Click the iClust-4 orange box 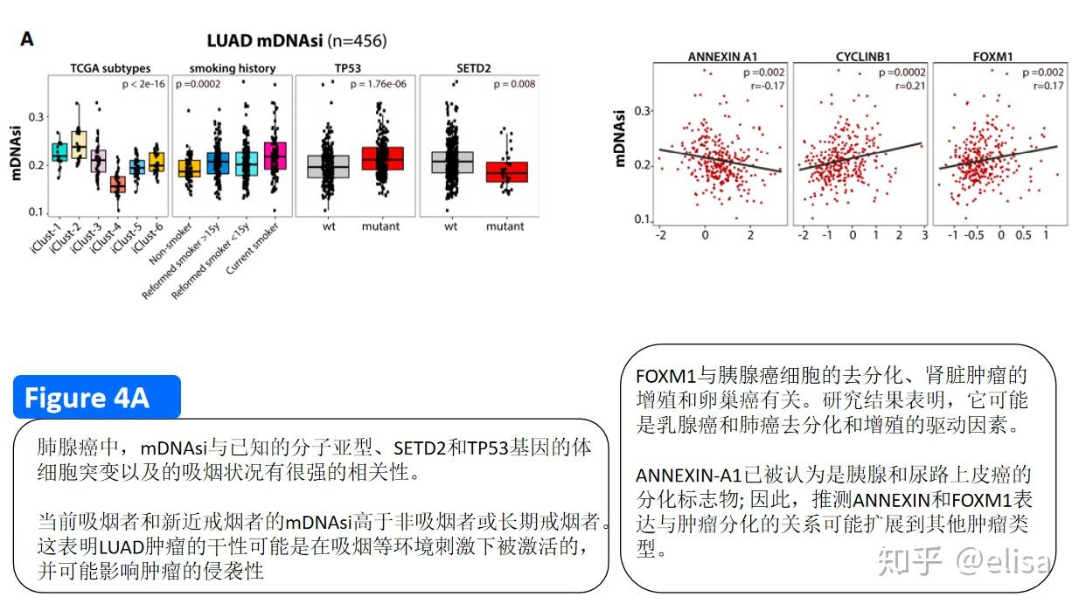coord(117,184)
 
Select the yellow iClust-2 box coord(78,142)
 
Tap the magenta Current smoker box coord(275,156)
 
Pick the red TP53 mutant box coord(381,158)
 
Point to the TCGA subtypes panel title coord(110,68)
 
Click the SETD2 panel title coord(473,68)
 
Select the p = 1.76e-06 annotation coord(381,84)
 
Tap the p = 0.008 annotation coord(514,84)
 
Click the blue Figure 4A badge coord(96,398)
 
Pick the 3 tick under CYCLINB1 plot coord(923,236)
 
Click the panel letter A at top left coord(27,39)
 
